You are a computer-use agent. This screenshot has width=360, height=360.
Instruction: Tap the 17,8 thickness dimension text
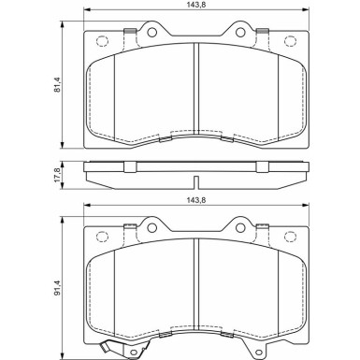pyautogui.click(x=59, y=175)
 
